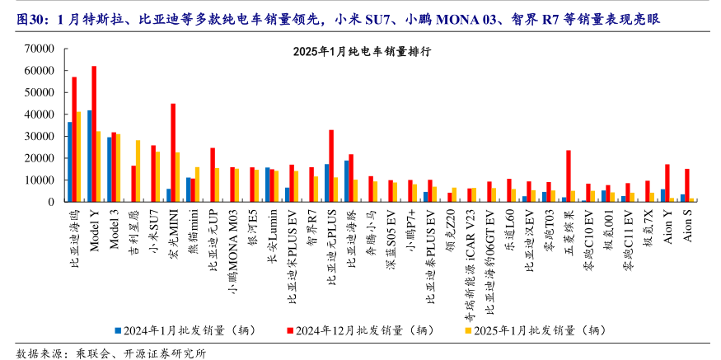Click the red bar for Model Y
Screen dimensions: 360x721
click(x=94, y=134)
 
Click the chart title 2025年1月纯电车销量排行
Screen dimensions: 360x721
click(x=362, y=51)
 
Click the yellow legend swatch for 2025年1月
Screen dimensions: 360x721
click(x=468, y=331)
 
